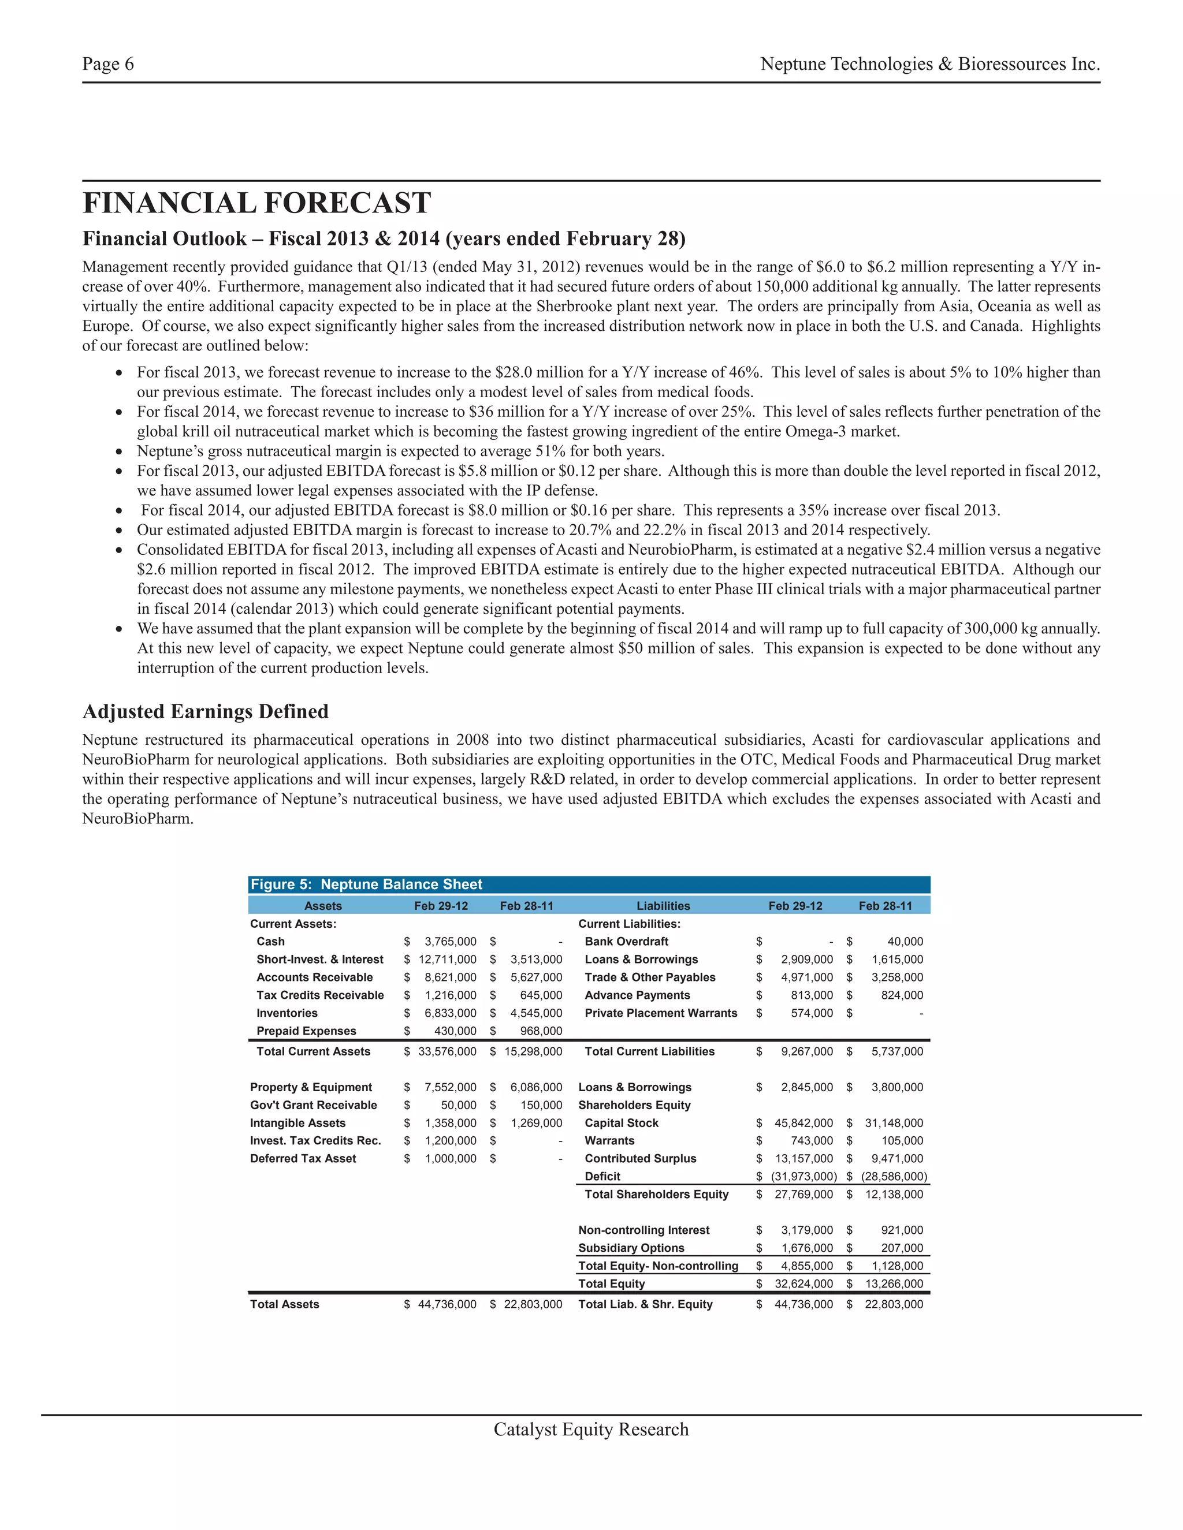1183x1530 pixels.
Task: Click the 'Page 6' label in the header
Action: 108,65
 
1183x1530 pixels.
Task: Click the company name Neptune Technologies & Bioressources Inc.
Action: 929,65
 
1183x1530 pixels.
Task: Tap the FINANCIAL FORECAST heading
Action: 256,203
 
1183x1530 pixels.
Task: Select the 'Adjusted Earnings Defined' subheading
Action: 205,712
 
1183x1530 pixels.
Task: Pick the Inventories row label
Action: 287,1013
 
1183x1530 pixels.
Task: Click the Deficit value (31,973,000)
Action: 803,1176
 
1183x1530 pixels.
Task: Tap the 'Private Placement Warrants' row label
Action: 660,1013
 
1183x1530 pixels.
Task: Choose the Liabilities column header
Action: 663,906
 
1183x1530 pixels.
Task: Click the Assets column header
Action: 323,906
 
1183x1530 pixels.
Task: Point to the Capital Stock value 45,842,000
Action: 803,1123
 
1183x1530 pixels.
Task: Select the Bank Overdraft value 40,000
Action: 905,942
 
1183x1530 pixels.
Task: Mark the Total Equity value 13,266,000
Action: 894,1283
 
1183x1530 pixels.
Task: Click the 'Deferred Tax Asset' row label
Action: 303,1159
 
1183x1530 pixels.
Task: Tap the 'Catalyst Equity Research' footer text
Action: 591,1430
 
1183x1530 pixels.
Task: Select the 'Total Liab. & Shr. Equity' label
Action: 645,1304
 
